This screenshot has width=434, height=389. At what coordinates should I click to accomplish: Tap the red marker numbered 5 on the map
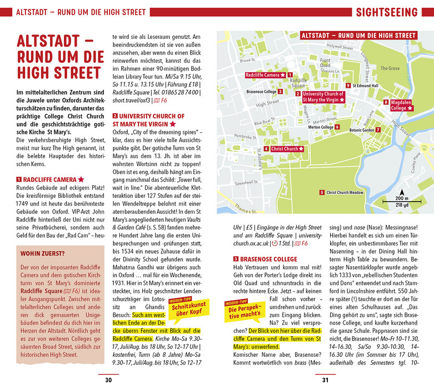[x=322, y=192]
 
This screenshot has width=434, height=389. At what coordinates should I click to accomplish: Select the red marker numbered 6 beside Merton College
[x=338, y=127]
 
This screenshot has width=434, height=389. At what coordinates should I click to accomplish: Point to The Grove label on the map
[x=390, y=68]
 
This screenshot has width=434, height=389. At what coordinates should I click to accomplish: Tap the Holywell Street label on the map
[x=340, y=46]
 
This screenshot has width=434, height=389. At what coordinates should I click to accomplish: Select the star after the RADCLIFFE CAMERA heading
[x=81, y=179]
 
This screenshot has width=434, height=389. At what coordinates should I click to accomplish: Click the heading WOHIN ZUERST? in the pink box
[x=43, y=254]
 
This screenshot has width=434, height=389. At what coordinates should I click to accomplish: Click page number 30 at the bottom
[x=108, y=380]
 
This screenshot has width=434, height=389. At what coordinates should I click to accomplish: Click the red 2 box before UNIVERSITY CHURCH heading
[x=115, y=116]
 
